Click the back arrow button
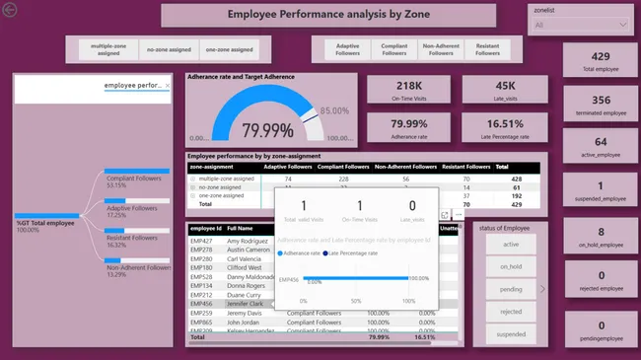[x=10, y=10]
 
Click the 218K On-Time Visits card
[x=409, y=90]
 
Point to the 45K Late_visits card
[x=505, y=90]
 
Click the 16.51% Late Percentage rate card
[x=505, y=128]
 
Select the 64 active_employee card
[x=601, y=147]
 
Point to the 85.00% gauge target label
[x=335, y=110]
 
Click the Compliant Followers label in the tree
[x=132, y=178]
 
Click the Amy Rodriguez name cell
[x=249, y=241]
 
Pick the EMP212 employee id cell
[x=201, y=295]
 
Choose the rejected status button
[x=511, y=312]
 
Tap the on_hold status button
[x=511, y=266]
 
